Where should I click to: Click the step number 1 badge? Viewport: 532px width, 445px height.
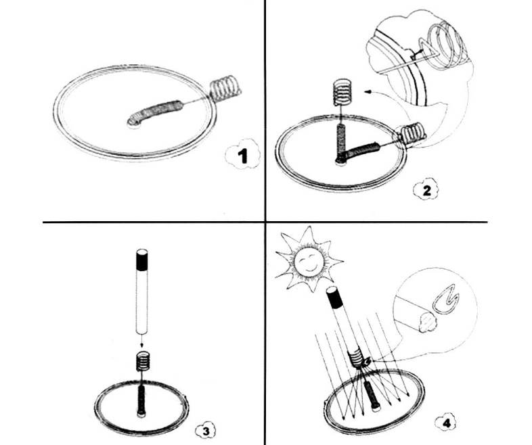tap(242, 155)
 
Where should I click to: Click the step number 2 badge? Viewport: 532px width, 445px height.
tap(426, 190)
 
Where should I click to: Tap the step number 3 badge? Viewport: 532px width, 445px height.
tap(206, 431)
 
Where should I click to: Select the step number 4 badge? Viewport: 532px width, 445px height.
tap(447, 422)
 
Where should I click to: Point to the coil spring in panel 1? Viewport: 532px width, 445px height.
tap(225, 88)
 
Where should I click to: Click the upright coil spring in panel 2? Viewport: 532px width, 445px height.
tap(342, 91)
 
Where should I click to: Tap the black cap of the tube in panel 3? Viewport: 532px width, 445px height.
tap(142, 259)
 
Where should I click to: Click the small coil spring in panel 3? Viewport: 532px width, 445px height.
tap(143, 361)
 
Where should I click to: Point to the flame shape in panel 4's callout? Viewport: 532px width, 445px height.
tap(446, 300)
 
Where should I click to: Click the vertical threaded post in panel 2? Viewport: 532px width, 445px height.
tap(340, 143)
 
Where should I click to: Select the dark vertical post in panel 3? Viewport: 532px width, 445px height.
tap(141, 400)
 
